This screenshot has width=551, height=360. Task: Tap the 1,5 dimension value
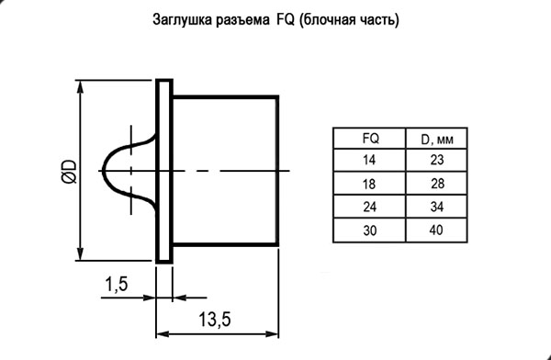[117, 284]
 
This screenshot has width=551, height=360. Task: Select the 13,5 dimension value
[215, 320]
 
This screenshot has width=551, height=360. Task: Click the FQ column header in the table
[371, 139]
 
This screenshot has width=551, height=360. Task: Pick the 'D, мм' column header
[437, 140]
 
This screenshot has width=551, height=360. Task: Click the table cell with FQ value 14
[369, 161]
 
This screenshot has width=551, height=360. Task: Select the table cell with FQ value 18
[369, 184]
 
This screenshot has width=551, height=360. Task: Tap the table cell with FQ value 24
[369, 207]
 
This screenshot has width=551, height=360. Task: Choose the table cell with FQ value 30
[369, 231]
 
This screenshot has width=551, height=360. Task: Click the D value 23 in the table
[437, 161]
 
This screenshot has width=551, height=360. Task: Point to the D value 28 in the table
[437, 184]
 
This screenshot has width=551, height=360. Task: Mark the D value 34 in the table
[437, 207]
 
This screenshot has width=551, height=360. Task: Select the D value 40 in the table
[436, 231]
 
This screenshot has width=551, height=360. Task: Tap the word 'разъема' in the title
[242, 21]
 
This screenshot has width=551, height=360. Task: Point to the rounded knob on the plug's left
[103, 172]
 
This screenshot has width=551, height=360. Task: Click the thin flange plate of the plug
[164, 171]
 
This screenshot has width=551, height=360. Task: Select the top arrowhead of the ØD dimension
[81, 87]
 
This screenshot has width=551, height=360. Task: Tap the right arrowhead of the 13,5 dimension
[272, 333]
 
